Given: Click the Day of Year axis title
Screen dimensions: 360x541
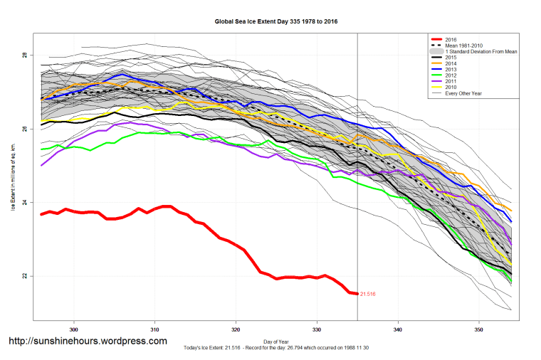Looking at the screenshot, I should [x=276, y=341].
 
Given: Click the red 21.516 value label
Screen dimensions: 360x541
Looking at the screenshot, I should [x=367, y=294].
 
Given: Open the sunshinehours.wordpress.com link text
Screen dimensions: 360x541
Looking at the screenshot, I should [x=87, y=342].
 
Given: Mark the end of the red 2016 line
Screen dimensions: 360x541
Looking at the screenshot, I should [x=356, y=293].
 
